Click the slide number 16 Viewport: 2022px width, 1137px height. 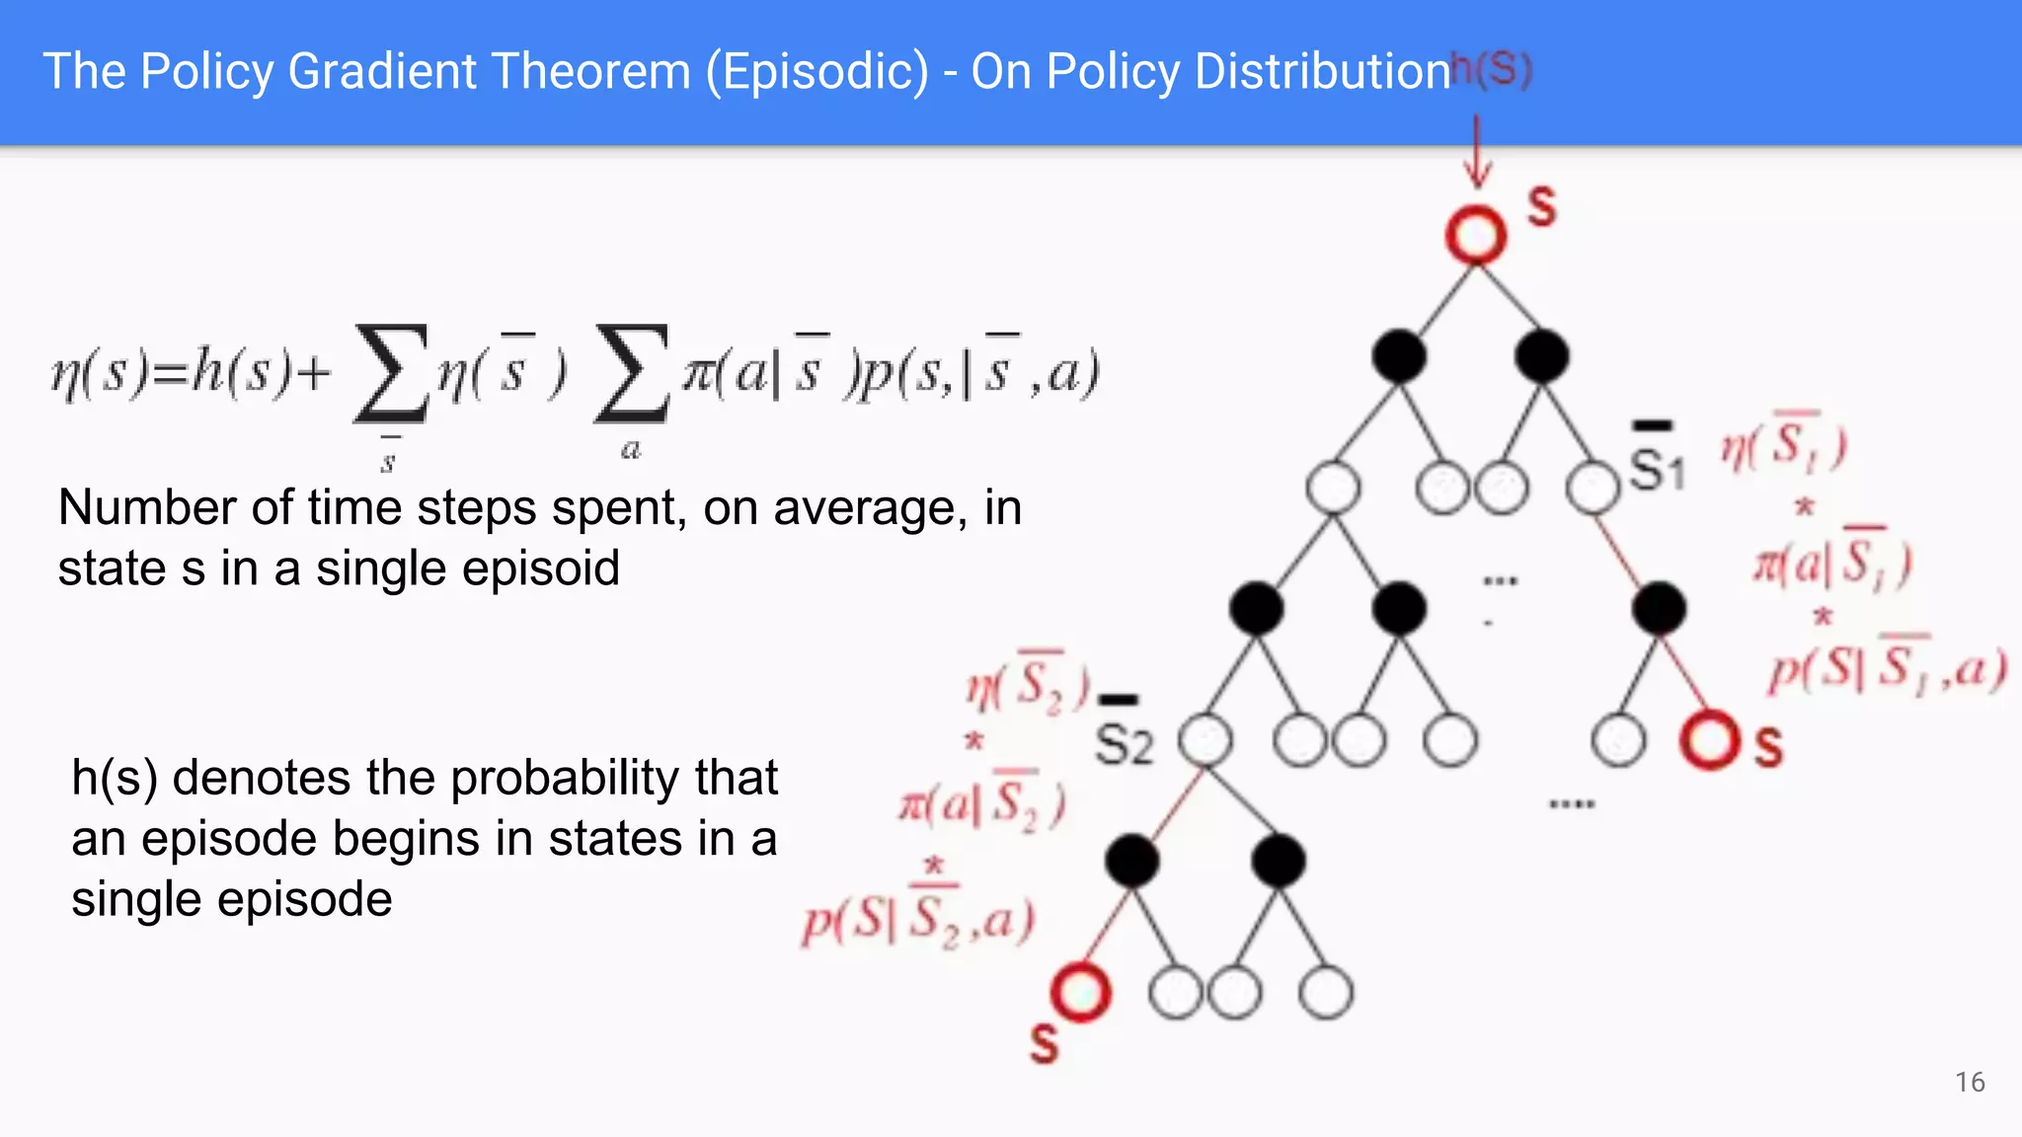[1969, 1082]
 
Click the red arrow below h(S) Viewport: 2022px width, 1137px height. [1477, 151]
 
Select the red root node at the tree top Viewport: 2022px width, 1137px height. [1476, 235]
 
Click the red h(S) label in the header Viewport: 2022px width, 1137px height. [1491, 69]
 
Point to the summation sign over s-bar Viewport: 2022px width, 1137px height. [391, 375]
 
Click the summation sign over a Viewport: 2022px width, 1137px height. [630, 375]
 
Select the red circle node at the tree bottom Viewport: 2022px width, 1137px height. [1080, 992]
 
